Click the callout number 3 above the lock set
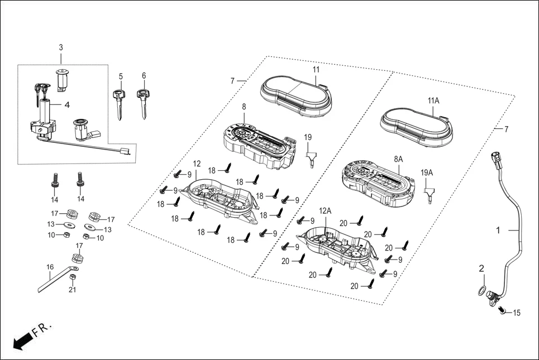point(61,48)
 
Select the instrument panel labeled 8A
point(379,180)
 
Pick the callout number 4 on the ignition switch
point(66,104)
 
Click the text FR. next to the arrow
point(41,328)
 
